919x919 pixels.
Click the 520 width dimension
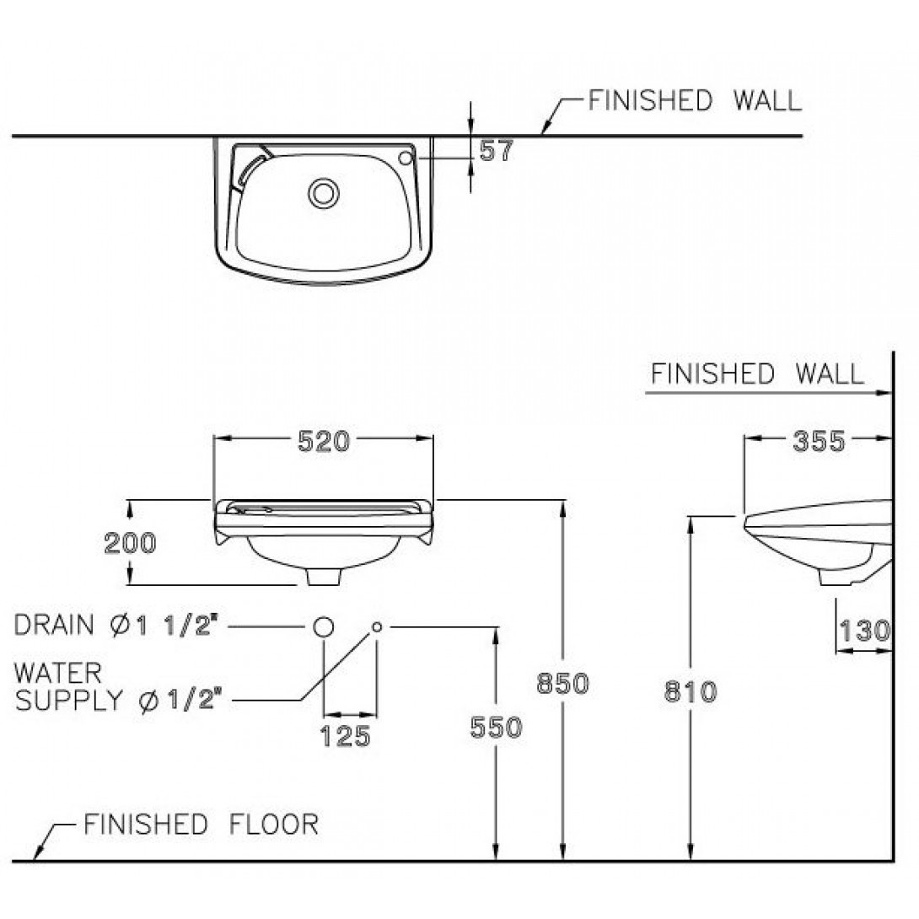pyautogui.click(x=324, y=440)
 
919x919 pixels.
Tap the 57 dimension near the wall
pyautogui.click(x=495, y=151)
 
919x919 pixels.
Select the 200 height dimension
pyautogui.click(x=130, y=544)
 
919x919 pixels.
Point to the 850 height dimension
pyautogui.click(x=562, y=684)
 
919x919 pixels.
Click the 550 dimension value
pyautogui.click(x=497, y=727)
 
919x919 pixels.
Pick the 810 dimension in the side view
pyautogui.click(x=691, y=692)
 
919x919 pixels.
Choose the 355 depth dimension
pyautogui.click(x=818, y=440)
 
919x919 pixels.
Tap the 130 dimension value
pyautogui.click(x=864, y=630)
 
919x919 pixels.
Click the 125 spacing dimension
pyautogui.click(x=347, y=736)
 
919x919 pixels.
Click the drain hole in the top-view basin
pyautogui.click(x=321, y=193)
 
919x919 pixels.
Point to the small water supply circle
pyautogui.click(x=376, y=626)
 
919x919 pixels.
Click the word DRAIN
pyautogui.click(x=54, y=625)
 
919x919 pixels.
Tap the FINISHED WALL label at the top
pyautogui.click(x=694, y=101)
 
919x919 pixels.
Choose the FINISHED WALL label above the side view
pyautogui.click(x=756, y=374)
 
